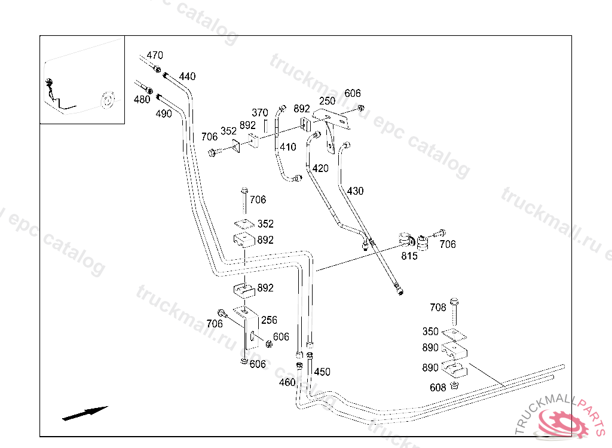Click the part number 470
tap(155, 56)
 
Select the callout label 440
tap(187, 76)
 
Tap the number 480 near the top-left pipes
tap(142, 100)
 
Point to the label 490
tap(164, 113)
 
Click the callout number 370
tap(260, 112)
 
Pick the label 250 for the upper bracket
tap(327, 101)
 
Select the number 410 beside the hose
tap(288, 147)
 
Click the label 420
tap(320, 168)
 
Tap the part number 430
tap(355, 191)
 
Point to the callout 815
tap(409, 256)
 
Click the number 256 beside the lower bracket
tap(269, 320)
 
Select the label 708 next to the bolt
tap(438, 307)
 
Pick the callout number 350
tap(430, 332)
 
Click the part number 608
tap(438, 388)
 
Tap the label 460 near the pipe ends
tap(287, 382)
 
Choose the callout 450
tap(322, 372)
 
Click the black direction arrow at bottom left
tap(85, 413)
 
